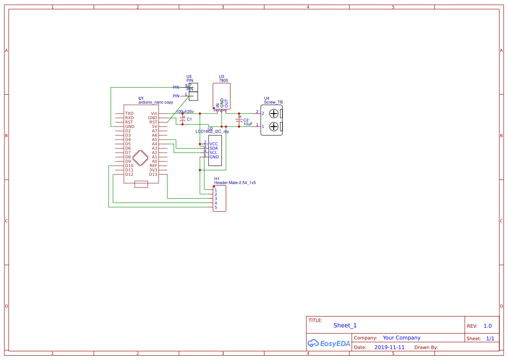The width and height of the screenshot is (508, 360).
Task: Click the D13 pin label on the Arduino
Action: [153, 174]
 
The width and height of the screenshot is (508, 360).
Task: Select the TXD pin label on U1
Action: [129, 113]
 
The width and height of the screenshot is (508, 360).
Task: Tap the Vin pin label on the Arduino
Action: [154, 113]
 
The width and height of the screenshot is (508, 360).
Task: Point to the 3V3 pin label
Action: [153, 170]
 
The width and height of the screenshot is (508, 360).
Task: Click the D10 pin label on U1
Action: [129, 166]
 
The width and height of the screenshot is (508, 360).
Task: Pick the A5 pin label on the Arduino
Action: [154, 140]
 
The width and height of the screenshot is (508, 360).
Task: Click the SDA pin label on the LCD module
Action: [213, 148]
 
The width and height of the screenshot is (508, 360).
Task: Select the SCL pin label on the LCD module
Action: [213, 153]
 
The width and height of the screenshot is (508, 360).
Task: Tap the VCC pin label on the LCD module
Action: [213, 144]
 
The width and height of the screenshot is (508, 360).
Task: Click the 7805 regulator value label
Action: [223, 80]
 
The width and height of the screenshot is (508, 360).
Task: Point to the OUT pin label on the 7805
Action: [226, 103]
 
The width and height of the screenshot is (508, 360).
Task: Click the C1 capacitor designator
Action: [189, 119]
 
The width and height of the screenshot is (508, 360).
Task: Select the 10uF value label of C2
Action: [248, 124]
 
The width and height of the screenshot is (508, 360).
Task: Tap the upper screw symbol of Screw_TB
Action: [274, 114]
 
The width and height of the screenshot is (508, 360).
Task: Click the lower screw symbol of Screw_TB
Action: [274, 127]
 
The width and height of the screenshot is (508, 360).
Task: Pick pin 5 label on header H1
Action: [215, 207]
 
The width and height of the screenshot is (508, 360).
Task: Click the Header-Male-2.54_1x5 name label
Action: [235, 183]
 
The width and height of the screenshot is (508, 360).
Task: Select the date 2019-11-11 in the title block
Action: [389, 347]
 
